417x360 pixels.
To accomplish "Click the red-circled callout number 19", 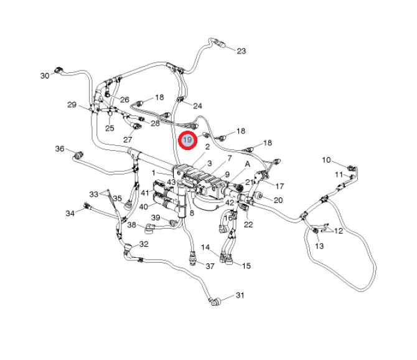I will click(187, 141).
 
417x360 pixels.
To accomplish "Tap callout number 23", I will click(241, 51).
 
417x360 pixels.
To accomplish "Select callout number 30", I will click(45, 75).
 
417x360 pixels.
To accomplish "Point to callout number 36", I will click(60, 149).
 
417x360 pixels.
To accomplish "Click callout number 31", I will click(240, 295).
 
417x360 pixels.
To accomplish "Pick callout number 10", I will click(327, 161).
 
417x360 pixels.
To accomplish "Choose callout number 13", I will click(319, 246).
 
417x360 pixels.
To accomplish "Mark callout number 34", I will click(70, 213).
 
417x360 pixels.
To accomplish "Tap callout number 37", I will click(210, 266).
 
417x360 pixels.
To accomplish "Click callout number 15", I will click(246, 266).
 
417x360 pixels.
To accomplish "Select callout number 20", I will click(278, 200).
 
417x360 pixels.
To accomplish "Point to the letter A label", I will click(248, 164).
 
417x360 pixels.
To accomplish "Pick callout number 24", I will click(198, 105).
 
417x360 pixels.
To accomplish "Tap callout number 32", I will click(144, 244).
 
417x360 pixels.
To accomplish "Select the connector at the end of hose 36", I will click(79, 153).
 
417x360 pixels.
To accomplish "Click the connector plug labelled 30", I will click(60, 70).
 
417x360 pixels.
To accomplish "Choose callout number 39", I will click(156, 217).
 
